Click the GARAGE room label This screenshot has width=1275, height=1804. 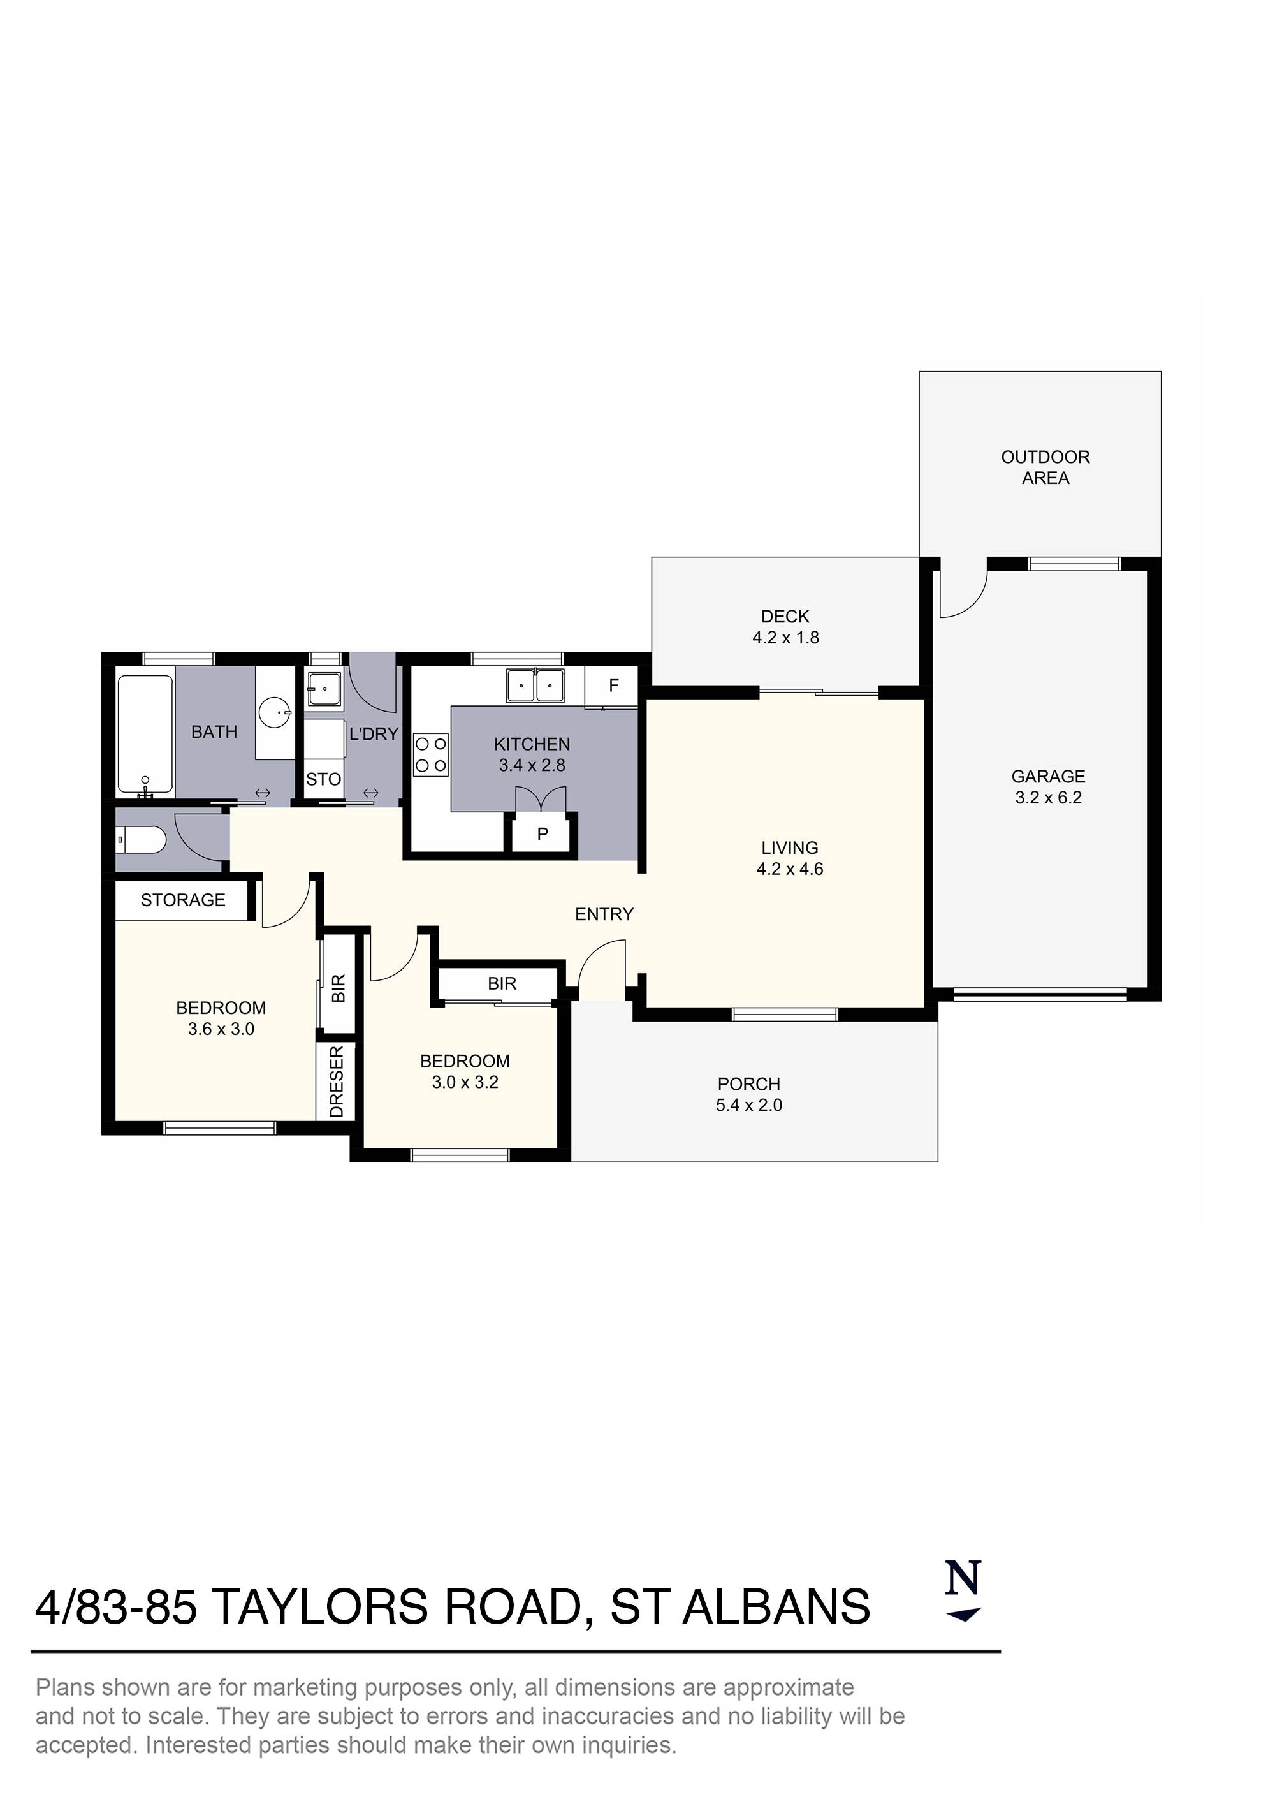pyautogui.click(x=1047, y=776)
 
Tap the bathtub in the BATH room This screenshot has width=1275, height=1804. pyautogui.click(x=145, y=735)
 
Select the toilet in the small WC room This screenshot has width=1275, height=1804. pyautogui.click(x=142, y=840)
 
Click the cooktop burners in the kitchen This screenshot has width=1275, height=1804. pyautogui.click(x=430, y=754)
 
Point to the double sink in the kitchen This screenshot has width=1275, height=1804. pyautogui.click(x=535, y=686)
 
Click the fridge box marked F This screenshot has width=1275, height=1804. pyautogui.click(x=613, y=686)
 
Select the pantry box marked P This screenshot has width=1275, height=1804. pyautogui.click(x=542, y=835)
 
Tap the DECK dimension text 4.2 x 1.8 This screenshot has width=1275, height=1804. pyautogui.click(x=785, y=637)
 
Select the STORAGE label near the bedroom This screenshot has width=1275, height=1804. pyautogui.click(x=182, y=900)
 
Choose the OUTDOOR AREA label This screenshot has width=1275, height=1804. pyautogui.click(x=1045, y=467)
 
